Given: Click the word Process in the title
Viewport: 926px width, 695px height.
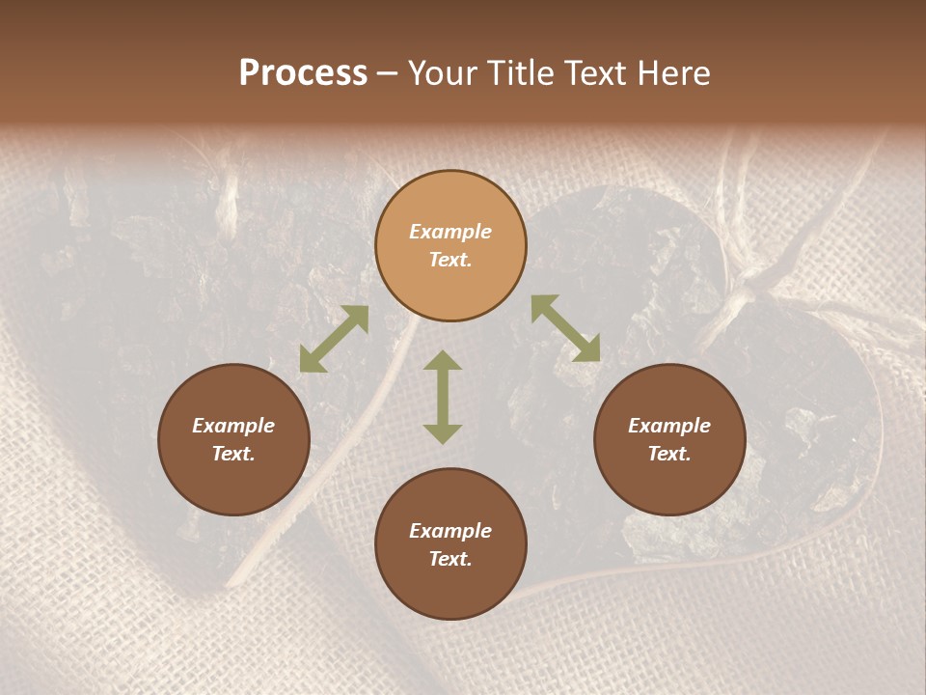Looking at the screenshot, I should tap(303, 73).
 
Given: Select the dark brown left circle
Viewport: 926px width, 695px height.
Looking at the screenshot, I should tap(233, 439).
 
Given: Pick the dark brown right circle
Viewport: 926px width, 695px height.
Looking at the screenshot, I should tap(669, 439).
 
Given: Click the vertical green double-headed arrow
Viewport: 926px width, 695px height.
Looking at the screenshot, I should tap(443, 397).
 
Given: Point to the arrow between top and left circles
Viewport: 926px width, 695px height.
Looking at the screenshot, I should tap(334, 339).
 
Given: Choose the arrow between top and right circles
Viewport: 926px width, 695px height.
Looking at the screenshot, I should tap(565, 328).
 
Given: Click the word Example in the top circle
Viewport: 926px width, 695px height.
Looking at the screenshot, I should tap(450, 232).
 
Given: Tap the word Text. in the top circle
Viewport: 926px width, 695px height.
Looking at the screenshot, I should tap(450, 260).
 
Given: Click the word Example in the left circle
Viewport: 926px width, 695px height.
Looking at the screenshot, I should tap(233, 426).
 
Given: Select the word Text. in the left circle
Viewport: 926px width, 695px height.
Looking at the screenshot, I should tap(233, 454).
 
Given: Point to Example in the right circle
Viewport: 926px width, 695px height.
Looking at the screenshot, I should tap(669, 426).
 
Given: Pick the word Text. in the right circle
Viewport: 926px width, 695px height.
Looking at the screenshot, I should tap(669, 454).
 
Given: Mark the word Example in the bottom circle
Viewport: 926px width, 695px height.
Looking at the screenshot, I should tap(450, 531).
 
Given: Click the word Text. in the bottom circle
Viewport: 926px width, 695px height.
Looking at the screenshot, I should tap(450, 559).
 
